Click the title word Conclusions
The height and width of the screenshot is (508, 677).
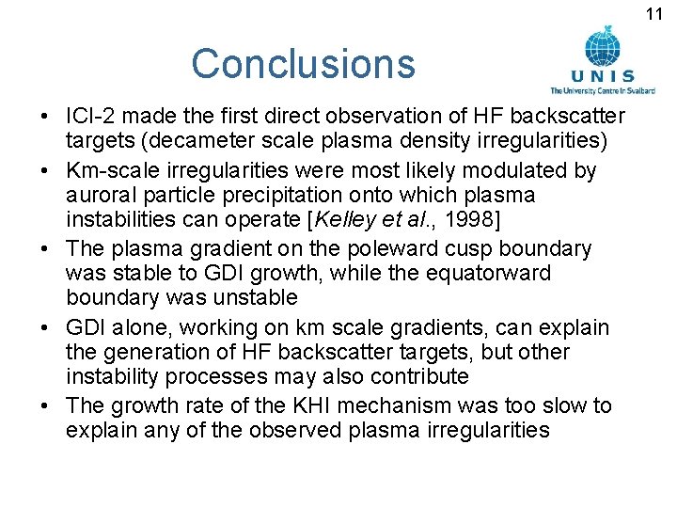303,64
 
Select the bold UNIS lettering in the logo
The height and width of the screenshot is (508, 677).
603,76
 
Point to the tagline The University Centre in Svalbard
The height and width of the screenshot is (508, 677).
603,90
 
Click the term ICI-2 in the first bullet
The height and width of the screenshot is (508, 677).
92,116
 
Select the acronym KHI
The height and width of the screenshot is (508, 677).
279,406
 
